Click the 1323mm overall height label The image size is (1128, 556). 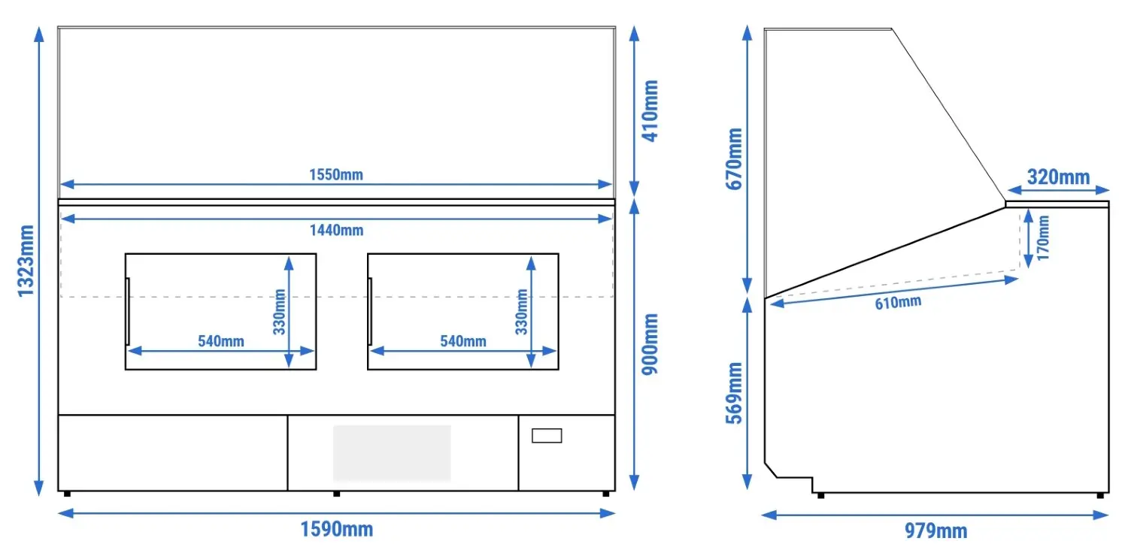pos(26,261)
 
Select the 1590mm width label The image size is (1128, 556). pos(336,530)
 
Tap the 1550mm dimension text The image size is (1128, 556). pos(336,174)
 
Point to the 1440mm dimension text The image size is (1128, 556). pos(336,231)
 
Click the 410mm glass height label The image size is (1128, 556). pos(650,110)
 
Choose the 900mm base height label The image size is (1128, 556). pos(650,344)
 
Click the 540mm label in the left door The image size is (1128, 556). pos(221,341)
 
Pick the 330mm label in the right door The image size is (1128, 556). pos(521,312)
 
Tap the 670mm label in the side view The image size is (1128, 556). pos(734,159)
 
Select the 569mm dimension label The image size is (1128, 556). pos(734,393)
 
